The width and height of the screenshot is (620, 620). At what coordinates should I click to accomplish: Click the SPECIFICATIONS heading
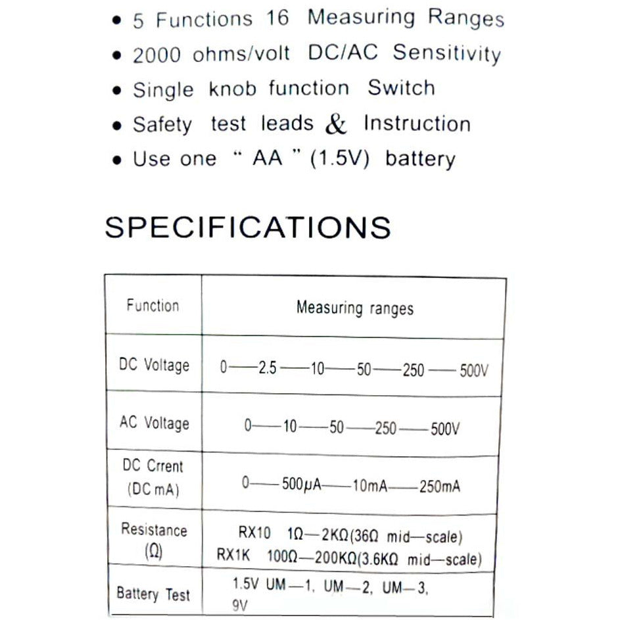click(247, 227)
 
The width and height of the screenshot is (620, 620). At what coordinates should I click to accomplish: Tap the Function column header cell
click(153, 306)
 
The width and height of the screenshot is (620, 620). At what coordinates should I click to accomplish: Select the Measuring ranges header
click(354, 308)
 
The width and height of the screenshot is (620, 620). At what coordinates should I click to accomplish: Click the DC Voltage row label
click(154, 365)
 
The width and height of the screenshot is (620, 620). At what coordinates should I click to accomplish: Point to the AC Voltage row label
click(154, 423)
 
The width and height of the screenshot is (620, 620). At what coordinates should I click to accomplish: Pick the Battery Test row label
click(153, 594)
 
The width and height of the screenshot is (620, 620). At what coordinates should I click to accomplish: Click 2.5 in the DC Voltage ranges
click(268, 369)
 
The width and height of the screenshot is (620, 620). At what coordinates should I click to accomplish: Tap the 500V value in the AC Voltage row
click(445, 429)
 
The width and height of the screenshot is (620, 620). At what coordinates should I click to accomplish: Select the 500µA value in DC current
click(302, 486)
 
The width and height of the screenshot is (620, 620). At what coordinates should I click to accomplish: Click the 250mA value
click(439, 487)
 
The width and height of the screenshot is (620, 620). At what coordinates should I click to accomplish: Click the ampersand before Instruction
click(335, 125)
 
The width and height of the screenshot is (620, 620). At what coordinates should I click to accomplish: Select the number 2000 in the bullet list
click(156, 56)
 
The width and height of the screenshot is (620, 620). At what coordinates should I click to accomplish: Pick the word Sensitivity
click(447, 53)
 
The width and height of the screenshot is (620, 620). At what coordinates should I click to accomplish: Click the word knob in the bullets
click(232, 89)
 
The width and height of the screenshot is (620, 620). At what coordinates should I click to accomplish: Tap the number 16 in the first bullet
click(278, 18)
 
